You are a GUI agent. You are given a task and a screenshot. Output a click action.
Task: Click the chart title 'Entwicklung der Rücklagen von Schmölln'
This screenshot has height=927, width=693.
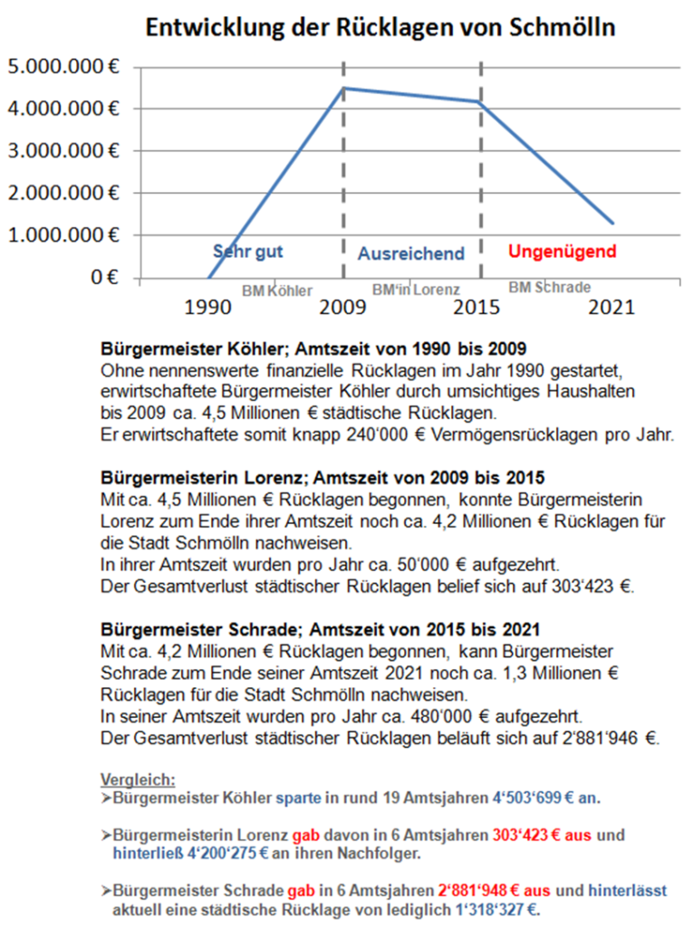[380, 27]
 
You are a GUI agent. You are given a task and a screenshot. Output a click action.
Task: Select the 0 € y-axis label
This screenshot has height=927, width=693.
[99, 277]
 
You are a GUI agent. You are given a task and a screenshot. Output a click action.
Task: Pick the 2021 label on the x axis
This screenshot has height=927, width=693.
[612, 307]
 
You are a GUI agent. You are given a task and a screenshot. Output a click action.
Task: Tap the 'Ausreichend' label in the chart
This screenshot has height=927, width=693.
[410, 254]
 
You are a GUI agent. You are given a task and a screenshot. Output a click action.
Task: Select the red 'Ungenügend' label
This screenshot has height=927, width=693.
[563, 251]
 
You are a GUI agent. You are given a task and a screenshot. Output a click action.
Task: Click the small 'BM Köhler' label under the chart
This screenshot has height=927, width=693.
[277, 291]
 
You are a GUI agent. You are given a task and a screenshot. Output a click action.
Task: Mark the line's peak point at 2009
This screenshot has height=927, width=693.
[344, 88]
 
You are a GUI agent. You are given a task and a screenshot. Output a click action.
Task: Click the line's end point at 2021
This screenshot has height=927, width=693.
[613, 223]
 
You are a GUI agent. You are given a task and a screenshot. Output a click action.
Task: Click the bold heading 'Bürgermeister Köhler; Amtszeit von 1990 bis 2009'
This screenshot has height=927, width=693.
[312, 348]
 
